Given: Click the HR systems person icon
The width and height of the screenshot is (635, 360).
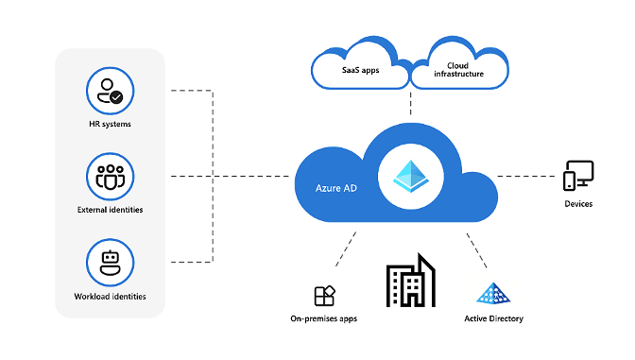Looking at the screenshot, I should point(110,92).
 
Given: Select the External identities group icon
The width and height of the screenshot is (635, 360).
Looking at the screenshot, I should point(110,177).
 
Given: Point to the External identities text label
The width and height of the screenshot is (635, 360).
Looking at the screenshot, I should point(110,209).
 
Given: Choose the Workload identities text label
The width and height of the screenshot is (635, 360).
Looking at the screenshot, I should point(111,296).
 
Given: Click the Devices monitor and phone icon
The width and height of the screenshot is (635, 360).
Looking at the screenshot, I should point(578,176).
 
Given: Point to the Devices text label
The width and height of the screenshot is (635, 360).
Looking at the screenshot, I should point(578,203).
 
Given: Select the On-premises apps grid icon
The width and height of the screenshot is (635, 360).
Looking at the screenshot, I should point(324,296).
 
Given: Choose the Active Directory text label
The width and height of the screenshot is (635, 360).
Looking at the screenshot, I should point(493,319).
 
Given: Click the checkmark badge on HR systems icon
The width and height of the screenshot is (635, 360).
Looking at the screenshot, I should point(116,96).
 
